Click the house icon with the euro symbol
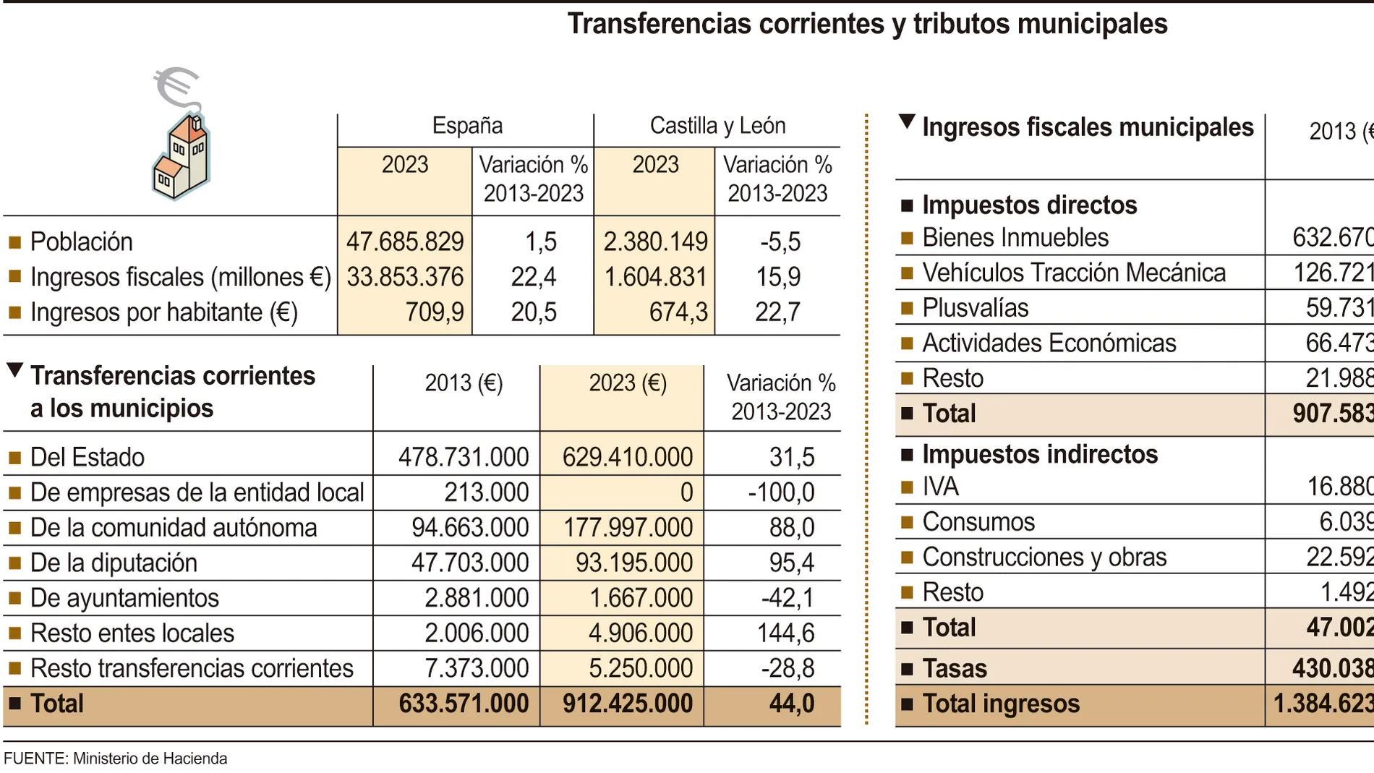(181, 137)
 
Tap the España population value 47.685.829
(405, 242)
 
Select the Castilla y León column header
(717, 126)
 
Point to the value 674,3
(678, 312)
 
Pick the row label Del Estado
(88, 457)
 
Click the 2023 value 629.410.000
(627, 457)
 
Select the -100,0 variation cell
(781, 492)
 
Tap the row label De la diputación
(114, 563)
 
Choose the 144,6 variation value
(785, 633)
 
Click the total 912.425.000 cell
(627, 704)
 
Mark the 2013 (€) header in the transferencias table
(464, 383)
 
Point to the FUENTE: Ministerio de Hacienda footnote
(116, 759)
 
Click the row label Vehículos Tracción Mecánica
(1074, 273)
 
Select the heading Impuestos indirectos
(1040, 454)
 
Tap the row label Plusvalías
(975, 308)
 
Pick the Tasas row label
(955, 668)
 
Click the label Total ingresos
(1001, 704)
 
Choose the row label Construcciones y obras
(1044, 557)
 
